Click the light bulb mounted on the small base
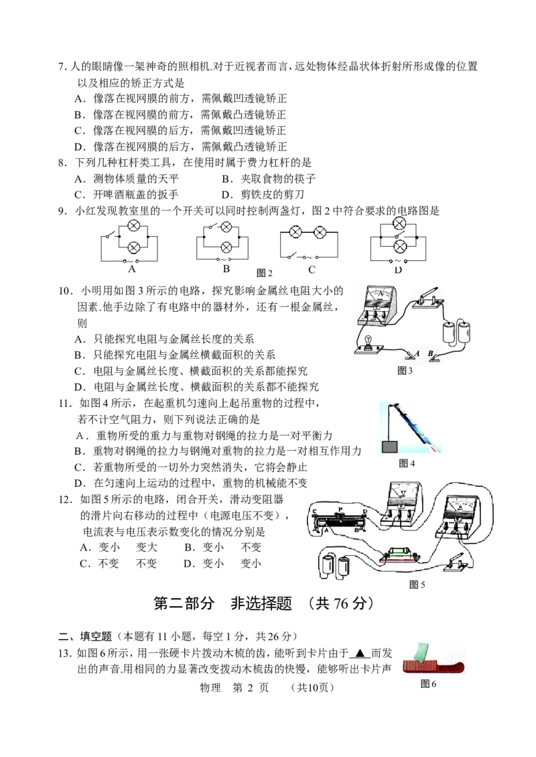pos(368,340)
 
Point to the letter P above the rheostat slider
pos(340,510)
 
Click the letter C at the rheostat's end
pos(314,512)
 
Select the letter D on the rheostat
pos(365,512)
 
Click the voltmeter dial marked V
pos(402,495)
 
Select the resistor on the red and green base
pos(400,553)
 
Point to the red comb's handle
pos(452,665)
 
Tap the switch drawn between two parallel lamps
pos(401,237)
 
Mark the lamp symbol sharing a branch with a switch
pos(226,226)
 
